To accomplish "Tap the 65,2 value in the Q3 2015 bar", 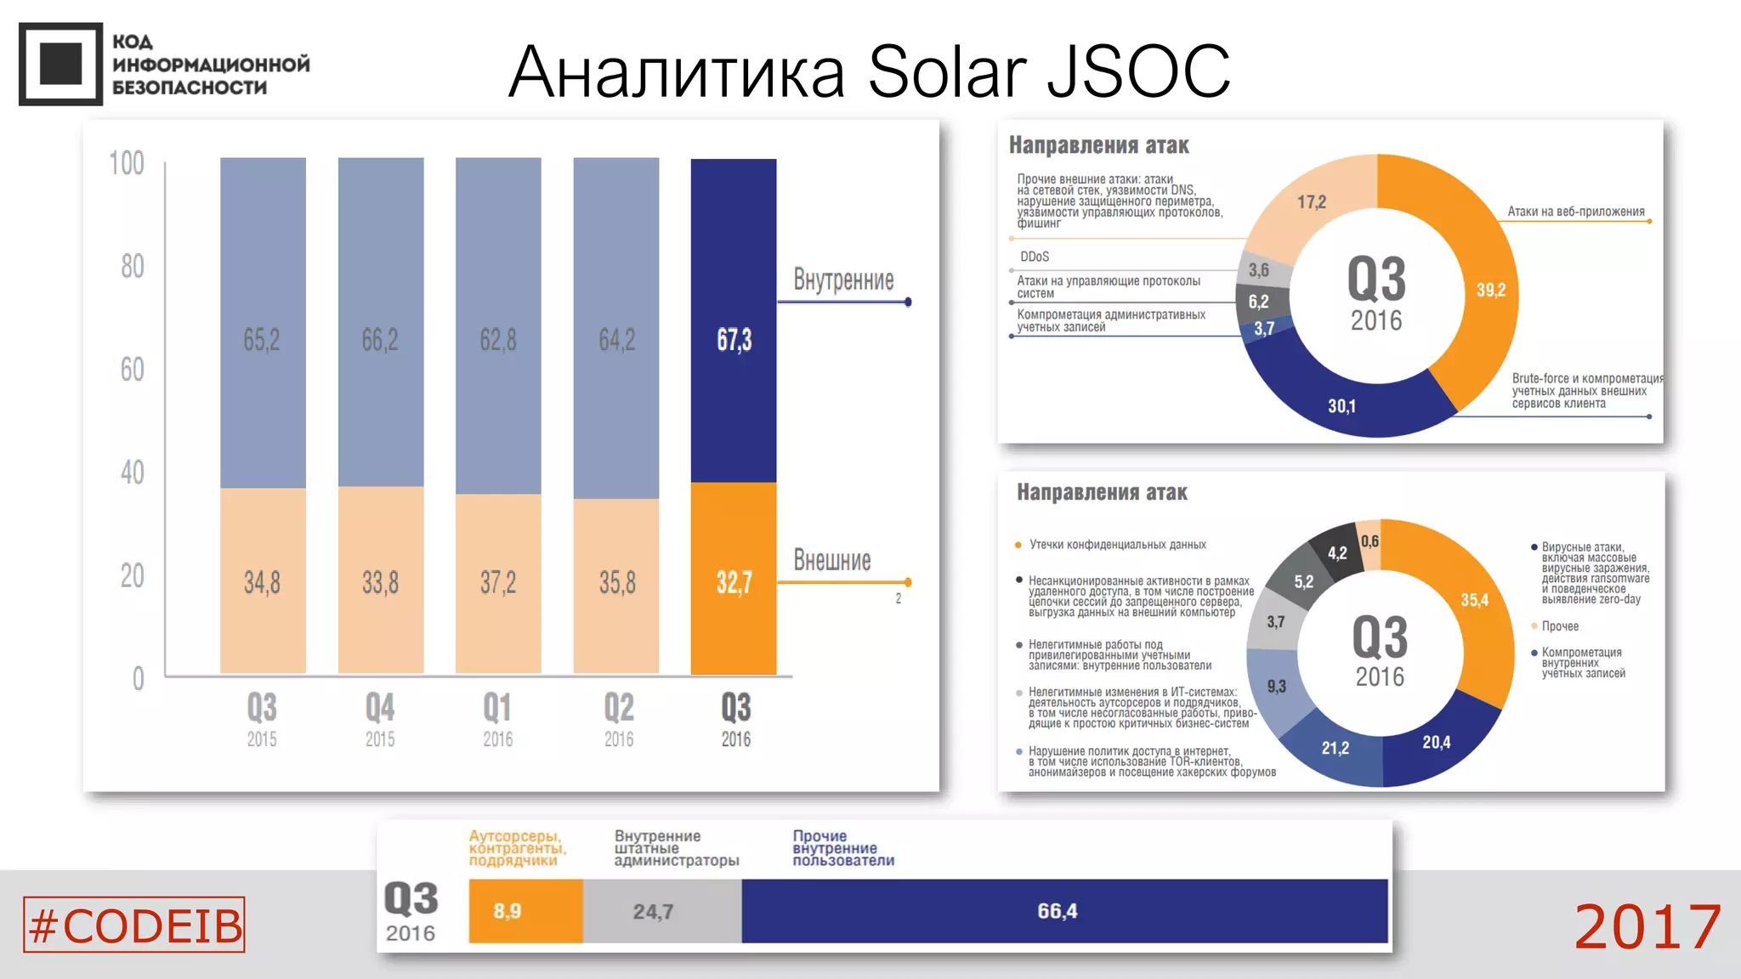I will pos(262,340).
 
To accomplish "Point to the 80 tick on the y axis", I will pos(132,267).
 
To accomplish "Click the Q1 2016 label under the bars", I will pos(498,719).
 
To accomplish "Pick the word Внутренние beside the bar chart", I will pos(843,280).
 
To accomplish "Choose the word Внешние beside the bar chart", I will pos(832,560).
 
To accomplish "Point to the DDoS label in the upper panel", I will pos(1035,257).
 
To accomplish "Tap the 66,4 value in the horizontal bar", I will pos(1058,911).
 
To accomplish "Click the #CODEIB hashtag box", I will pos(134,925).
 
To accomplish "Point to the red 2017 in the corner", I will pos(1647,926).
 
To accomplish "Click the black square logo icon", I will pos(60,64).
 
